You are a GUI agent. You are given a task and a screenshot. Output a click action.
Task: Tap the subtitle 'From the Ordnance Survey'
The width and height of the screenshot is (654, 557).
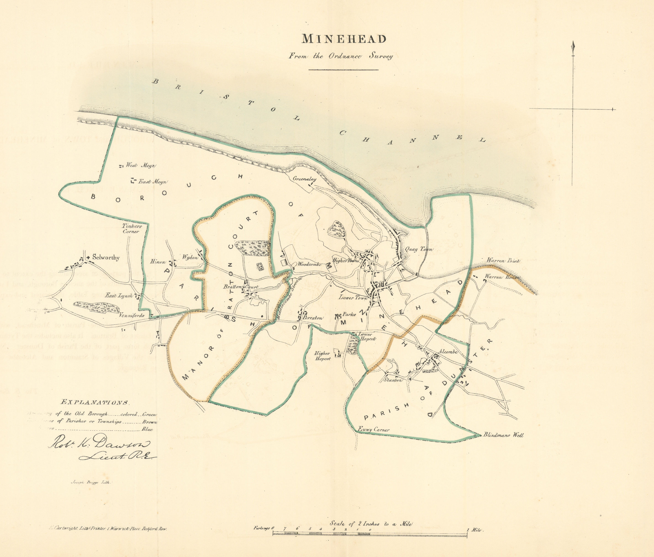(340, 56)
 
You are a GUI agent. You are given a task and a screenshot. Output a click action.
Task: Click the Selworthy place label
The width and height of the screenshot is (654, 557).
(105, 258)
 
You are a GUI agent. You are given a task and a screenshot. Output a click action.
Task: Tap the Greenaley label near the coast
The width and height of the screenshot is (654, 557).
(304, 179)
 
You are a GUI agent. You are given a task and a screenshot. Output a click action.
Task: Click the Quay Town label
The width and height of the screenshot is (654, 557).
(419, 249)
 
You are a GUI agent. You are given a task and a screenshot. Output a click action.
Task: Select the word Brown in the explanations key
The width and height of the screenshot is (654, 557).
(150, 422)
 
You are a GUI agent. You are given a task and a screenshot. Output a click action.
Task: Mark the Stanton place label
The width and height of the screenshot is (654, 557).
(393, 380)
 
